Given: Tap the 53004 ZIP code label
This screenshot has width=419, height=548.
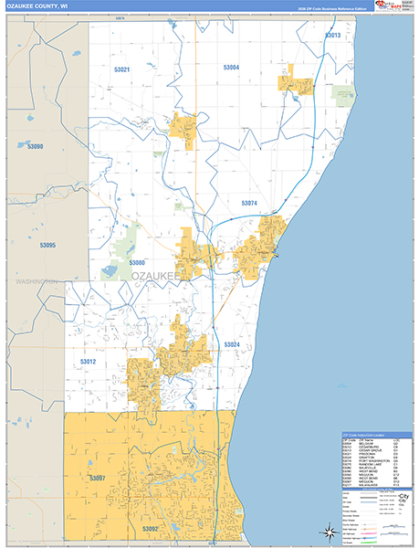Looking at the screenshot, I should [x=230, y=68].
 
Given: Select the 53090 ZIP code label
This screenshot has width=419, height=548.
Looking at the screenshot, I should [x=35, y=146].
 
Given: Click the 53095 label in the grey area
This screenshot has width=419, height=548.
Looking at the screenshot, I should [x=47, y=246].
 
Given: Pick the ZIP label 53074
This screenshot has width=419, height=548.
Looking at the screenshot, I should [x=248, y=203].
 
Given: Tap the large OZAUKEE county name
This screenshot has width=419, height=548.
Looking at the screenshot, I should [x=157, y=275].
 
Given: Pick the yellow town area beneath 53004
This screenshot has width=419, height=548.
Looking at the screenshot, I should [x=297, y=82].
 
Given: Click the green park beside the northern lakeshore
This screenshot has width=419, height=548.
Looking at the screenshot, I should [x=342, y=93].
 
